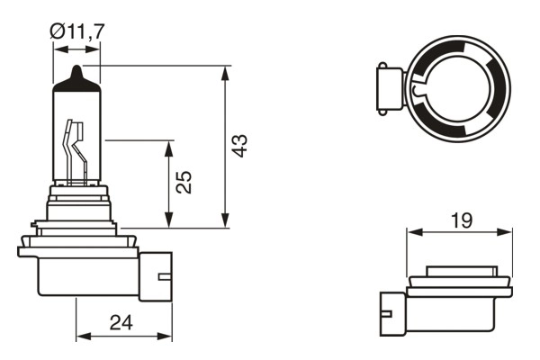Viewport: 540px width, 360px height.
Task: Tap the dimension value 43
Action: click(x=239, y=146)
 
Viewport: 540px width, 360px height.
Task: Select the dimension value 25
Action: click(x=184, y=183)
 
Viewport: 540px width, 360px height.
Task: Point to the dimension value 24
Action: click(x=122, y=321)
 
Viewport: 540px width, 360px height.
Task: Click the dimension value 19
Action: click(x=460, y=219)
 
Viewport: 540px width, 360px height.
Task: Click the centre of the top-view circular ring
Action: click(x=459, y=87)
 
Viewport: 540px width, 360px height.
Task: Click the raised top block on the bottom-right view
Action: click(x=460, y=271)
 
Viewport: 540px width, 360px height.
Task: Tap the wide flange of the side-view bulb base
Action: click(x=77, y=243)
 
